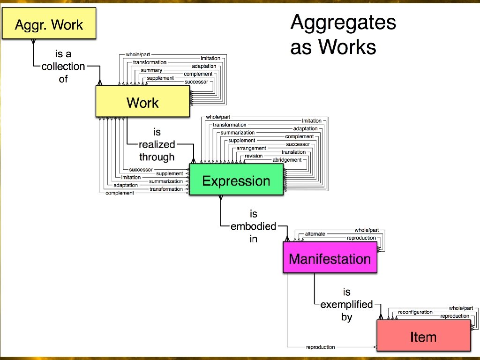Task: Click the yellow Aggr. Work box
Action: coord(49,24)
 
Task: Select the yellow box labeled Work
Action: coord(142,103)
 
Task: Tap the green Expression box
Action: coord(236,181)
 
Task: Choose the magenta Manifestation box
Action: coord(330,259)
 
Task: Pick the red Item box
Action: coord(423,337)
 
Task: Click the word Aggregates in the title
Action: coord(343,22)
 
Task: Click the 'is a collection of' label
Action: coord(63,67)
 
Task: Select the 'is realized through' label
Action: coord(157,145)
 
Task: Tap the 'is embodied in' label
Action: coord(254,226)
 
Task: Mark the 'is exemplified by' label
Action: coord(346,305)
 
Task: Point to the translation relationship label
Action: coord(293,152)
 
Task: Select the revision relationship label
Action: coord(254,156)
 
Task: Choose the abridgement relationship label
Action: coord(287,160)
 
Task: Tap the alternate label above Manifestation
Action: coord(315,233)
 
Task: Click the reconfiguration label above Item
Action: coord(415,312)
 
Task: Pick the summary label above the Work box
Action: coord(151,70)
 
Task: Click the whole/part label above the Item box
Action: coord(461,308)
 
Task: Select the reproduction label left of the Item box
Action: coord(321,347)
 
